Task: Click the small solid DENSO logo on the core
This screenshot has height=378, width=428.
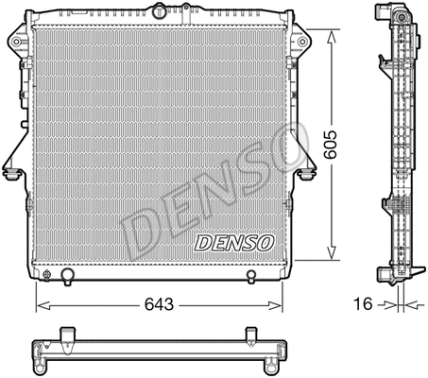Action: tap(233, 242)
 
